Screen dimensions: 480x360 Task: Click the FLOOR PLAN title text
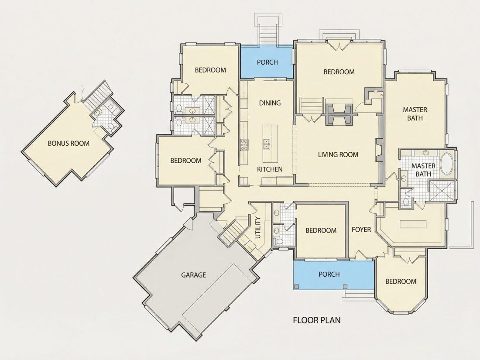(317, 320)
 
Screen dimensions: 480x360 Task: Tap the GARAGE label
(193, 275)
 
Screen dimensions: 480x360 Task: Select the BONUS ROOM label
(69, 143)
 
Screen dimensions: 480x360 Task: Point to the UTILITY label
(258, 228)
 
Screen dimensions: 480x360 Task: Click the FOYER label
(361, 230)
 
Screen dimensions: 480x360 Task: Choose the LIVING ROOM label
(338, 154)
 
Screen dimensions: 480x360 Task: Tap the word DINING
(270, 103)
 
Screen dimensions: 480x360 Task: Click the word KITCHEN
(270, 169)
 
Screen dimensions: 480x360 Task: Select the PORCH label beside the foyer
(329, 274)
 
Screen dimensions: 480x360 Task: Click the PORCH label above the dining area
(267, 62)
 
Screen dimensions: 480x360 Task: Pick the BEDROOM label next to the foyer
(321, 230)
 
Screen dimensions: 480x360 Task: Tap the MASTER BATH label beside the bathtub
(423, 170)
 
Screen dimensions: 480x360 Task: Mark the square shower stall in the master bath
(442, 191)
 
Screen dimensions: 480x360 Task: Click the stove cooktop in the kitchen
(244, 144)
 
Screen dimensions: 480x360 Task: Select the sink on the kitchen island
(266, 144)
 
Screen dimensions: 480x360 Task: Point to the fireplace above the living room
(339, 114)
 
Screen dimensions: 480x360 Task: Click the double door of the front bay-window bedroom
(409, 260)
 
